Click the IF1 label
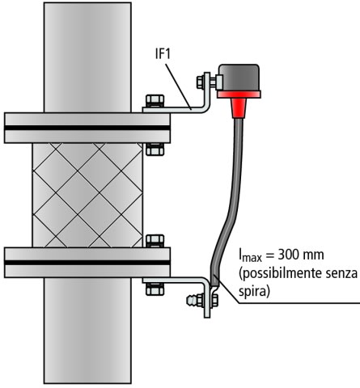(x=163, y=54)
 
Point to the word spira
(x=254, y=292)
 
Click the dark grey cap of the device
(x=239, y=78)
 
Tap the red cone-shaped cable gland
(x=239, y=108)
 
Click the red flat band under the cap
(x=239, y=95)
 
